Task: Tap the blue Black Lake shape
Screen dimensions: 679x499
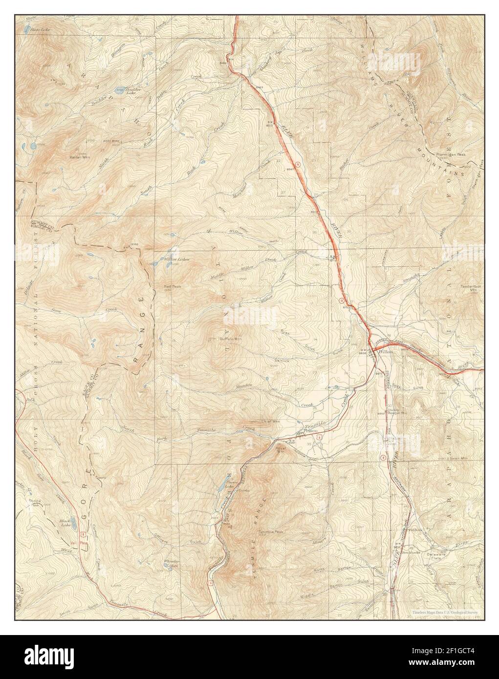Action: click(x=74, y=523)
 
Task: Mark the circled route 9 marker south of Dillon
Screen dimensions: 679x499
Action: click(x=383, y=457)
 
